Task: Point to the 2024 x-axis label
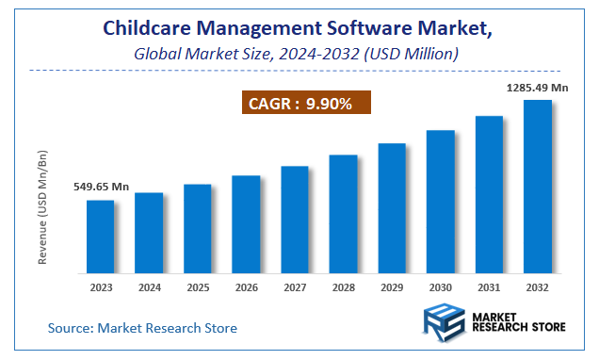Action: point(149,286)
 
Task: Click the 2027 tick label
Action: point(295,286)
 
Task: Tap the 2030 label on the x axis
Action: point(440,286)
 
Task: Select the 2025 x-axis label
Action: point(198,286)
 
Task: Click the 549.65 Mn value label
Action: point(102,188)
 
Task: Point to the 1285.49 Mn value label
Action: point(538,88)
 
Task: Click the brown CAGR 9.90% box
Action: point(299,104)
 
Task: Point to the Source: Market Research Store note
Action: point(143,328)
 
